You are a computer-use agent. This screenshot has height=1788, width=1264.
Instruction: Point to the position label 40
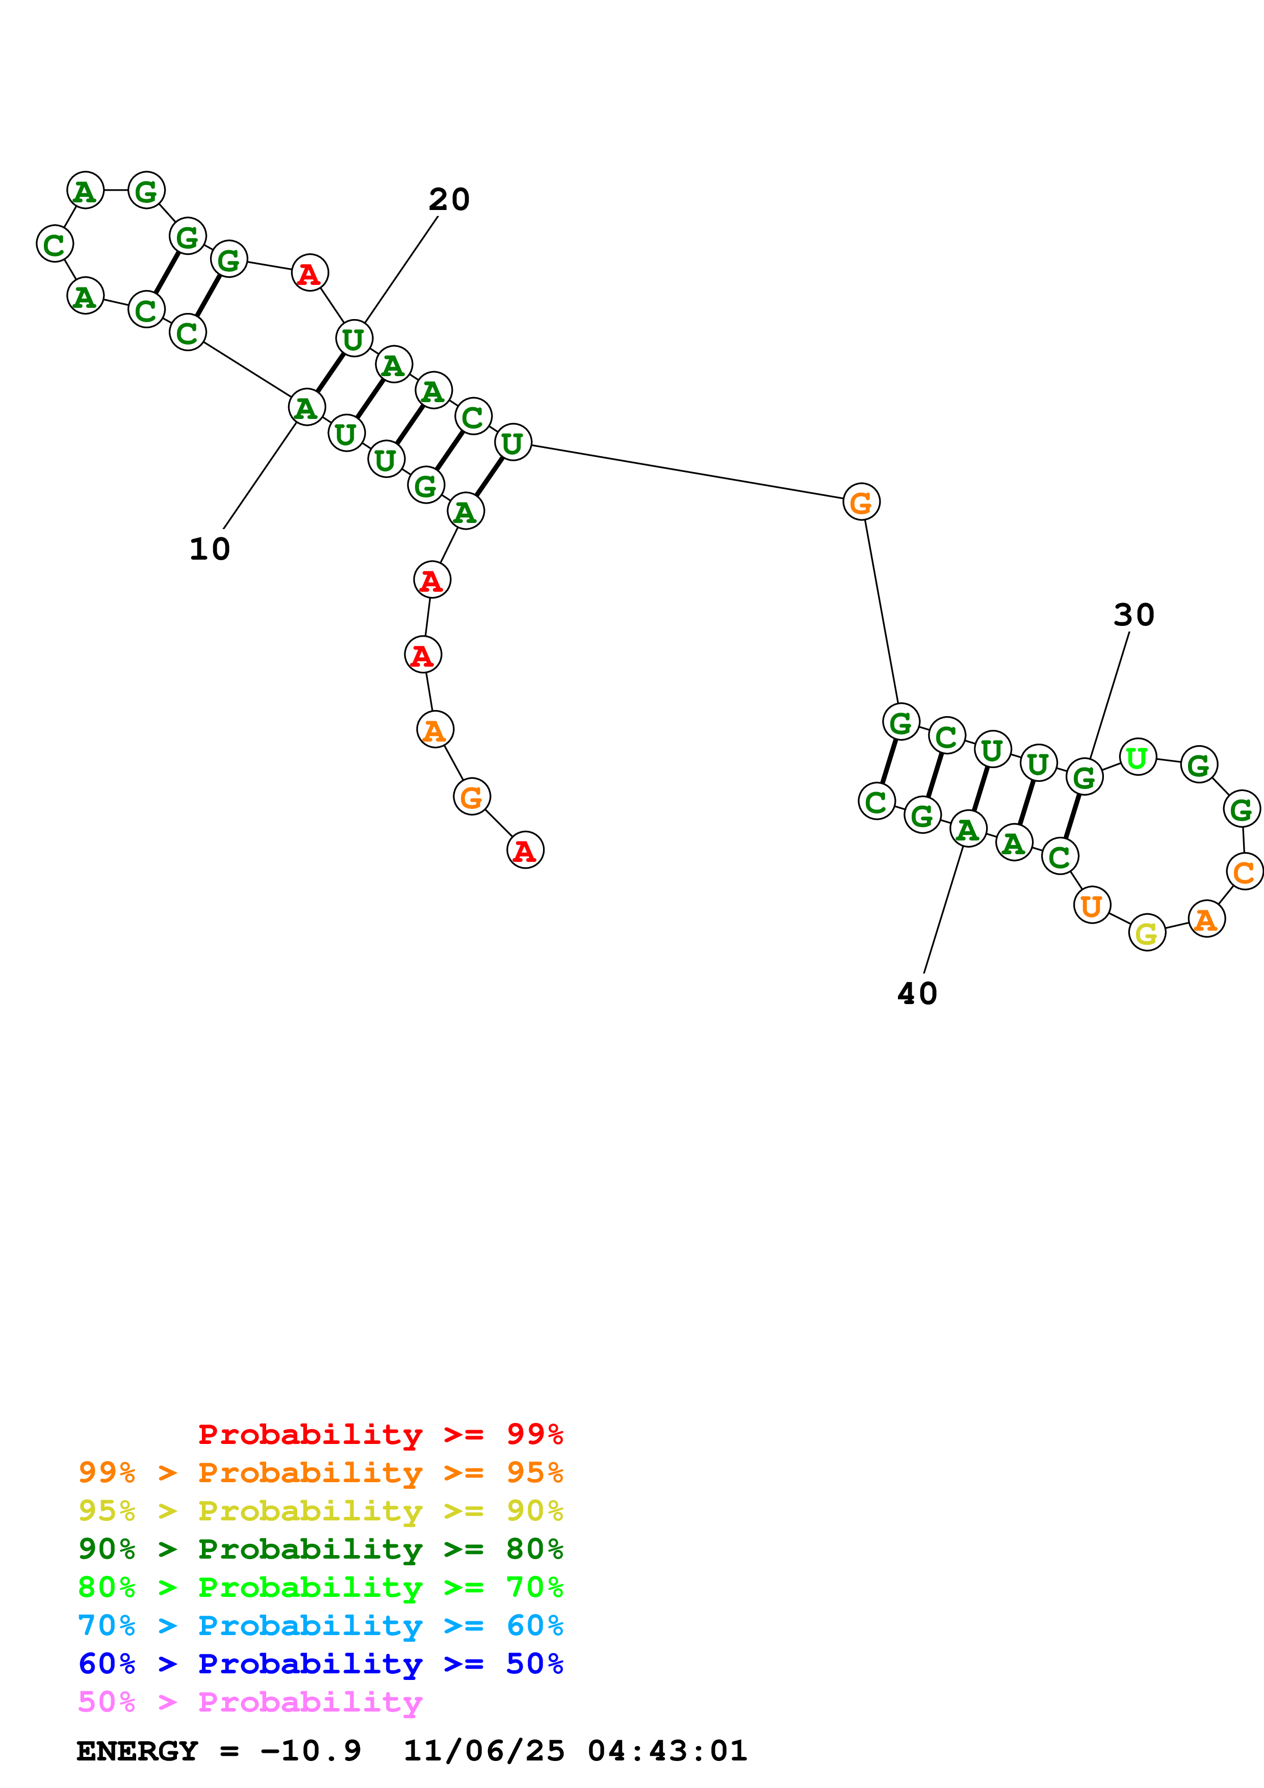click(917, 994)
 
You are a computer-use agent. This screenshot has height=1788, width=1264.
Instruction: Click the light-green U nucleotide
click(1137, 757)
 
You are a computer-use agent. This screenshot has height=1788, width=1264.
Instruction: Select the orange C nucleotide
click(1244, 872)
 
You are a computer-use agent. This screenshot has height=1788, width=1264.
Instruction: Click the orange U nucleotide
click(1092, 906)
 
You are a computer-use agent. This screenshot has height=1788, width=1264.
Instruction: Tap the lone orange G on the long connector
click(861, 502)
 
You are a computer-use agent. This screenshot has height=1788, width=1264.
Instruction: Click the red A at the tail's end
click(525, 850)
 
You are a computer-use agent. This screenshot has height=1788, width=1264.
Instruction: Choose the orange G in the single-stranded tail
click(471, 797)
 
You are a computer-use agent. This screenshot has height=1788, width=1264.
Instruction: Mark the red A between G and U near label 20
click(309, 273)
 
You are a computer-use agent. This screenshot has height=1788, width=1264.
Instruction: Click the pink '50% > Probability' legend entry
click(250, 1702)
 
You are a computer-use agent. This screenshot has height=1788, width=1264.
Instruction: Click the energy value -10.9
click(311, 1751)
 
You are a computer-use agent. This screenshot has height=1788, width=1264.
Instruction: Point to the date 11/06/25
click(484, 1751)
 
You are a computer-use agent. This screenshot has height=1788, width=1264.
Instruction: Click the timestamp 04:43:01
click(667, 1751)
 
